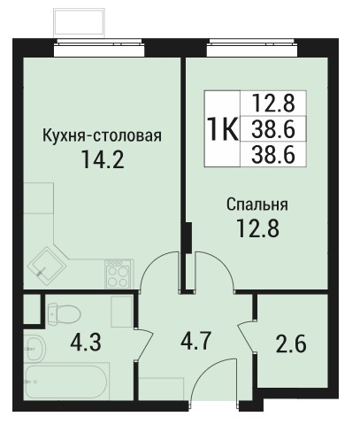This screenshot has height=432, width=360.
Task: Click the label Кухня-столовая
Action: [x=103, y=136]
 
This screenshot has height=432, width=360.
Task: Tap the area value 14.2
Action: [x=103, y=159]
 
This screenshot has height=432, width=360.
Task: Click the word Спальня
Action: [x=257, y=204]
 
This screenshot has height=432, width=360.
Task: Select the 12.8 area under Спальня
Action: [x=257, y=228]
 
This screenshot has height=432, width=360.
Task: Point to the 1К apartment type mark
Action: [x=222, y=129]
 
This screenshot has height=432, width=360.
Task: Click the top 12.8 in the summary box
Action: [x=273, y=103]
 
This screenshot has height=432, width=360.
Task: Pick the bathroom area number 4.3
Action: [x=86, y=342]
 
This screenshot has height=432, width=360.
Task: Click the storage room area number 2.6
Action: [x=291, y=343]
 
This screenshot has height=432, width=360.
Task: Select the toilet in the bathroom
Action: [x=64, y=314]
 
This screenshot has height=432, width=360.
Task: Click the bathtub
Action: [x=66, y=381]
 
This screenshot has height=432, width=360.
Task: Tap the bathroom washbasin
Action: [x=34, y=349]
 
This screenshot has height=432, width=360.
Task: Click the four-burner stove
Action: [x=119, y=274]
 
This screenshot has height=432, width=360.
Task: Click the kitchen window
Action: [x=99, y=47]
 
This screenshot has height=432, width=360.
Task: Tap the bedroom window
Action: [x=251, y=47]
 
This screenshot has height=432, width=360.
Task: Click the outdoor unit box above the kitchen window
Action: [x=80, y=23]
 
